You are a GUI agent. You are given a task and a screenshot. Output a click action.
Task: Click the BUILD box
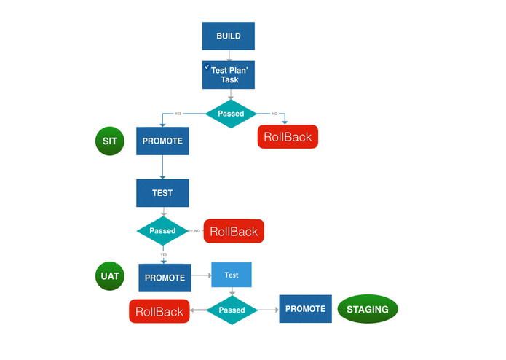pyautogui.click(x=228, y=36)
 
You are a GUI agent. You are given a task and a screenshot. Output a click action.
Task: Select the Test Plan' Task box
pyautogui.click(x=228, y=74)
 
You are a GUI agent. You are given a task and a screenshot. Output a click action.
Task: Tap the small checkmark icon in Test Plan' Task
pyautogui.click(x=207, y=67)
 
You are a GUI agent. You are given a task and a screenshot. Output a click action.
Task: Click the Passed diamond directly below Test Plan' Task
pyautogui.click(x=231, y=114)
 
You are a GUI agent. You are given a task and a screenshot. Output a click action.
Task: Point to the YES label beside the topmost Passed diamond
pyautogui.click(x=178, y=114)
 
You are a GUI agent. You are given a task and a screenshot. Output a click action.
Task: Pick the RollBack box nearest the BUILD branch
pyautogui.click(x=288, y=136)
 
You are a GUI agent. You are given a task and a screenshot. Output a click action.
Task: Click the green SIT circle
pyautogui.click(x=110, y=141)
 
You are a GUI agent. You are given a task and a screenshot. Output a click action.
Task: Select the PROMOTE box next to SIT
pyautogui.click(x=162, y=141)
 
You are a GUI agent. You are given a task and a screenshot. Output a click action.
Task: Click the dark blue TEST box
pyautogui.click(x=162, y=193)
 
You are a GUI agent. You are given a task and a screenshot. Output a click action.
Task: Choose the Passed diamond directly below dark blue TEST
pyautogui.click(x=162, y=231)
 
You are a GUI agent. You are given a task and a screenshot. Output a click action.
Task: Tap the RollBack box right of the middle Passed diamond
pyautogui.click(x=234, y=231)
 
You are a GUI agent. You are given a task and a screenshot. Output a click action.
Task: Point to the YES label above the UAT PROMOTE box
pyautogui.click(x=164, y=254)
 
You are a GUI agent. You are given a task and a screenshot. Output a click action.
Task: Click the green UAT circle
pyautogui.click(x=110, y=277)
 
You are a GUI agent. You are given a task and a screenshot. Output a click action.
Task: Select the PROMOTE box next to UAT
pyautogui.click(x=165, y=278)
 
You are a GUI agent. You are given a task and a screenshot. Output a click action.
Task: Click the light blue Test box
pyautogui.click(x=232, y=275)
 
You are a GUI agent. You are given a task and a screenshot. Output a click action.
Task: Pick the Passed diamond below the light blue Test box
pyautogui.click(x=232, y=310)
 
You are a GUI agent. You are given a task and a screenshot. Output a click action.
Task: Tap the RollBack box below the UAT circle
pyautogui.click(x=159, y=311)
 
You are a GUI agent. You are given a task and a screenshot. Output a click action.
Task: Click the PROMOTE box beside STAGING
pyautogui.click(x=305, y=309)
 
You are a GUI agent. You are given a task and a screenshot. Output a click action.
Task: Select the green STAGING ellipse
pyautogui.click(x=368, y=309)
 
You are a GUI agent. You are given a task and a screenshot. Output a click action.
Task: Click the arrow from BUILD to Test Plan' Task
pyautogui.click(x=229, y=55)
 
